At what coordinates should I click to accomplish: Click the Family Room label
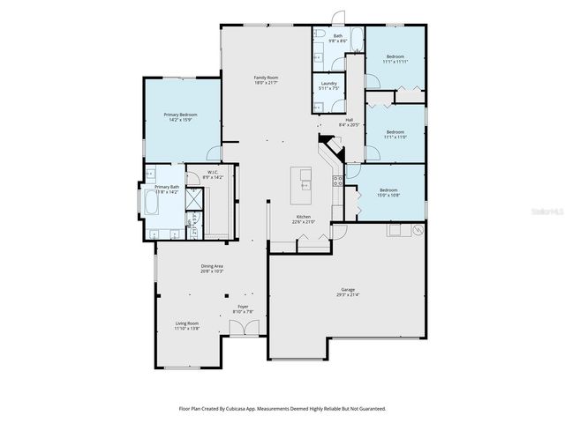tap(260, 78)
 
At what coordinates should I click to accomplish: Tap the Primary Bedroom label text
tap(183, 115)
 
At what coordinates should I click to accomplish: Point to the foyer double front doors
tap(243, 329)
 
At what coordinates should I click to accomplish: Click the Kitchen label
tap(303, 217)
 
